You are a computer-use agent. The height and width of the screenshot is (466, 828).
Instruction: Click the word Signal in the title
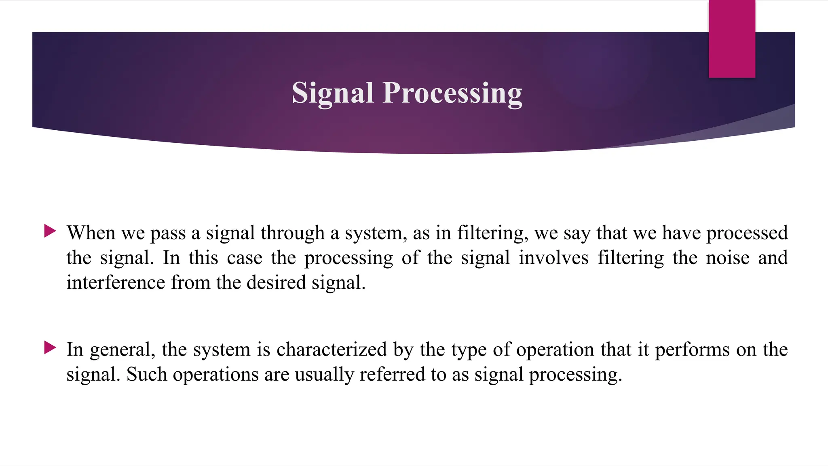pos(332,93)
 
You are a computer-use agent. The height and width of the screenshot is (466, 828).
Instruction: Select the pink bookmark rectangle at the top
pos(732,38)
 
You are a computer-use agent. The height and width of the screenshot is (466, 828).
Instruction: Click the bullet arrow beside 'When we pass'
pos(50,231)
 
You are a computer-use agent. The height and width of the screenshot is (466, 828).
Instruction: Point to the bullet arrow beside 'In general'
pos(50,347)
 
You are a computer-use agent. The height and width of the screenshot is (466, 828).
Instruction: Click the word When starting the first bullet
pos(91,233)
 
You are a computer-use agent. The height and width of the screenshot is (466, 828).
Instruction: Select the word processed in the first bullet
pos(747,233)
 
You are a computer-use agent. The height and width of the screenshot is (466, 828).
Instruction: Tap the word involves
pos(553,258)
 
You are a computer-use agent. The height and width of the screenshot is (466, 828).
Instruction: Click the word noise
pos(728,258)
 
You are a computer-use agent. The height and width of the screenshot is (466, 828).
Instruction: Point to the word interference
pos(116,282)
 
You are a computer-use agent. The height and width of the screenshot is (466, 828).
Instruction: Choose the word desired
pos(276,282)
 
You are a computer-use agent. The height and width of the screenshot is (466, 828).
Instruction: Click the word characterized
pos(332,349)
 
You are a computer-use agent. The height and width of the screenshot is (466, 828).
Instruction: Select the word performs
pos(692,349)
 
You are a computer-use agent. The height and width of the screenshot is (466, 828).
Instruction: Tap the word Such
pos(146,374)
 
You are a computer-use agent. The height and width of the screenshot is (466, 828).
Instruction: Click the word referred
pos(392,374)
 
